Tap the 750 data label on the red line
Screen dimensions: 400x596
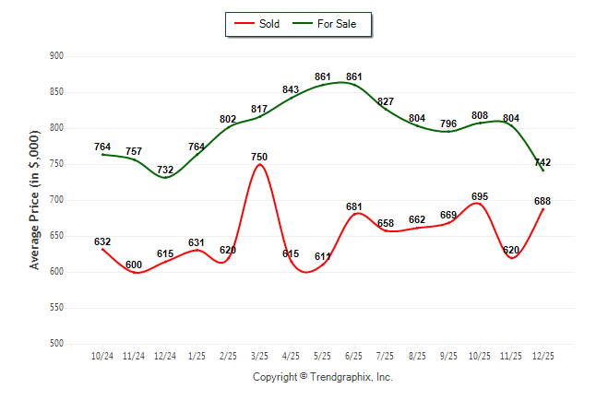click(x=259, y=158)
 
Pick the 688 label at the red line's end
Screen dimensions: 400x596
click(x=543, y=201)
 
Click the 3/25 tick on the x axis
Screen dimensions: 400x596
click(x=259, y=356)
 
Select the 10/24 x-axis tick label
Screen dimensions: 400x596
click(x=102, y=356)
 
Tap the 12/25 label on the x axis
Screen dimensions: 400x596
click(x=543, y=356)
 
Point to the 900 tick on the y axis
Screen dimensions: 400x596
click(x=55, y=56)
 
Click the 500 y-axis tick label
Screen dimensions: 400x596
click(x=55, y=344)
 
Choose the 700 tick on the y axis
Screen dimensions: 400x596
click(x=55, y=200)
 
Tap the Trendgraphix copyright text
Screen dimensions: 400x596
click(x=323, y=377)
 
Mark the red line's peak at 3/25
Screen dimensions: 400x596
click(x=259, y=165)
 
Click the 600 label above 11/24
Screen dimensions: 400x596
click(x=134, y=265)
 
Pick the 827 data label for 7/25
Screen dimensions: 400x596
click(x=386, y=101)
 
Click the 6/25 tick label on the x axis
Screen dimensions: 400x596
click(x=354, y=356)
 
